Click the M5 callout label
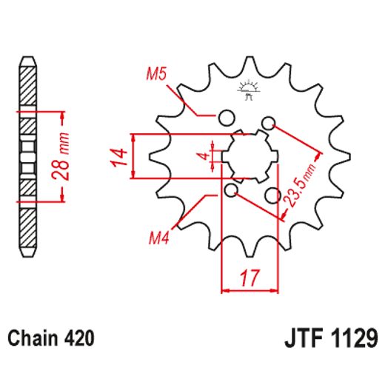155,74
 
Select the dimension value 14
116,157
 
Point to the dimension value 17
250,279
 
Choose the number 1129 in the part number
355,339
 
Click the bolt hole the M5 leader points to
227,117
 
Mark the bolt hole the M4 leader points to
232,192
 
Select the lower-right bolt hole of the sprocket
273,196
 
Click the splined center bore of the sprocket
250,156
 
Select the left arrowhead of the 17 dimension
226,291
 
